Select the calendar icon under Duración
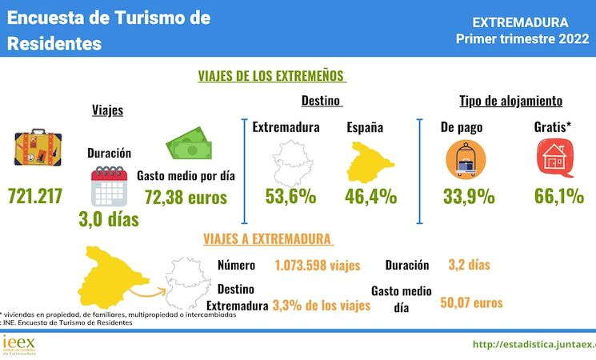point(110,187)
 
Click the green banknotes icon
point(190,146)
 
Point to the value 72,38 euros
point(186,197)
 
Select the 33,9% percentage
point(467,196)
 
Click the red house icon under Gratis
point(553,158)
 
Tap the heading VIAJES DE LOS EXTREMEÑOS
point(271,76)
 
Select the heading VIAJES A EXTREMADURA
point(267,239)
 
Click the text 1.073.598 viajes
point(317,266)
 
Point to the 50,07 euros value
point(471,302)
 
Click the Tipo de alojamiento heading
point(510,102)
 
